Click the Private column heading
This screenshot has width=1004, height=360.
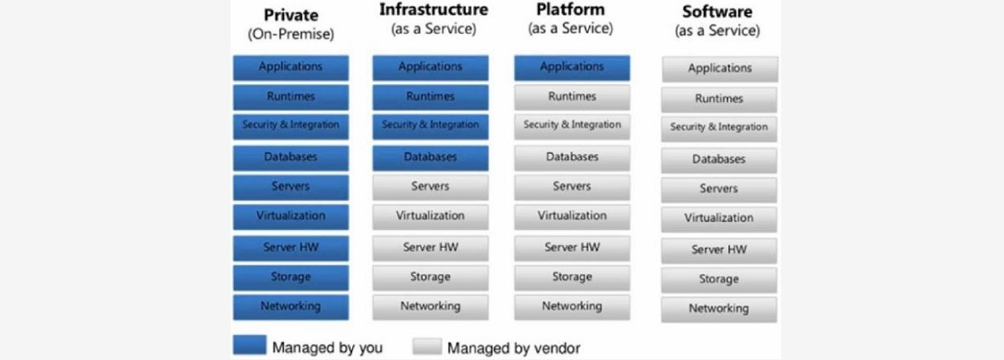point(290,14)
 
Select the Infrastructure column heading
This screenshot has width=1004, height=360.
point(433,10)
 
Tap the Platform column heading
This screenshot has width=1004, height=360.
point(570,10)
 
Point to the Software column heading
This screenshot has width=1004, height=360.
point(717,12)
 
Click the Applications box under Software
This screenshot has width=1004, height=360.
point(720,69)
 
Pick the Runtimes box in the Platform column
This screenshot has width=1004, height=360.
point(572,97)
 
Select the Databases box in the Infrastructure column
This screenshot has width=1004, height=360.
point(431,157)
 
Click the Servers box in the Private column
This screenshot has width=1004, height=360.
point(291,186)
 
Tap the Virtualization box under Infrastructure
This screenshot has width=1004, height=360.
point(431,216)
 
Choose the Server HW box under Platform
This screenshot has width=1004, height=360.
point(572,248)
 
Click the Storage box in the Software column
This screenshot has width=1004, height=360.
point(720,279)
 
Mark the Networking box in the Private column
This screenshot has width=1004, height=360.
point(291,306)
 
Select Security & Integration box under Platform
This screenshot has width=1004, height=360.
point(572,125)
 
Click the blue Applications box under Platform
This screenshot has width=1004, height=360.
point(572,67)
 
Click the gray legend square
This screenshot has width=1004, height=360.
point(427,346)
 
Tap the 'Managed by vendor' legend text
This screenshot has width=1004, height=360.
point(514,348)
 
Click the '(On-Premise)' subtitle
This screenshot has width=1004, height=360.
point(290,35)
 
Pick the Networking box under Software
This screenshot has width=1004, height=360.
point(720,309)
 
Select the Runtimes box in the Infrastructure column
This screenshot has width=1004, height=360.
point(431,97)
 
